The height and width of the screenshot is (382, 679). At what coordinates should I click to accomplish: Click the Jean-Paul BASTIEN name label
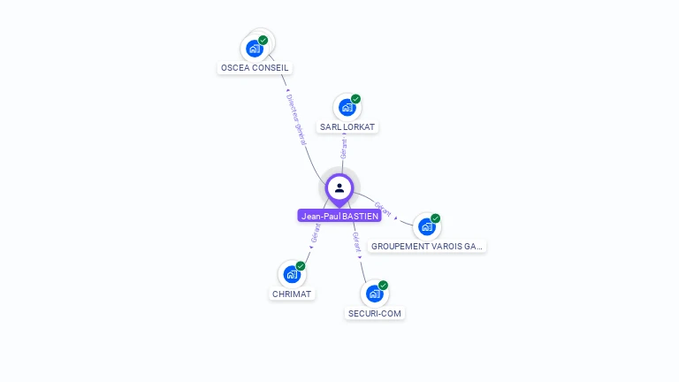pyautogui.click(x=339, y=216)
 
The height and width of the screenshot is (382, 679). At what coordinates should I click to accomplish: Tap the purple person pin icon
pyautogui.click(x=339, y=188)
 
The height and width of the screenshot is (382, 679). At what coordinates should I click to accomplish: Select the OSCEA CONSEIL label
pyautogui.click(x=254, y=67)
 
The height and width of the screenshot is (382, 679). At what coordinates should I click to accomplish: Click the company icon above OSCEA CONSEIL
pyautogui.click(x=255, y=48)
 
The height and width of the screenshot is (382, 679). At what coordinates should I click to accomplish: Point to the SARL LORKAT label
pyautogui.click(x=347, y=126)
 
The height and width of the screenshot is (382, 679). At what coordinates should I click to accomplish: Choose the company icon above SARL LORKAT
pyautogui.click(x=347, y=107)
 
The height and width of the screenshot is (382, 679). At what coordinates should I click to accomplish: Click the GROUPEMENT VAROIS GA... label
pyautogui.click(x=427, y=246)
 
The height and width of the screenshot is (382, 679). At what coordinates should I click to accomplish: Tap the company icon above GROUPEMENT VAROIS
pyautogui.click(x=427, y=226)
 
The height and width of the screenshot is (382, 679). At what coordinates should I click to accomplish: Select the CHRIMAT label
pyautogui.click(x=292, y=294)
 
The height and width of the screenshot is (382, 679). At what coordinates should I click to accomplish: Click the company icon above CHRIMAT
pyautogui.click(x=291, y=274)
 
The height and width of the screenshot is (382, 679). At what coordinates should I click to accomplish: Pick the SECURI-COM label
pyautogui.click(x=376, y=313)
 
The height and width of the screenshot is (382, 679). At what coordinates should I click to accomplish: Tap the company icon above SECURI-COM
pyautogui.click(x=375, y=294)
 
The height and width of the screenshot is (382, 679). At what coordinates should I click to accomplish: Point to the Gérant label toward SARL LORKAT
pyautogui.click(x=343, y=149)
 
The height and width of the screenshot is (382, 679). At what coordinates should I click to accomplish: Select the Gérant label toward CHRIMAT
pyautogui.click(x=315, y=233)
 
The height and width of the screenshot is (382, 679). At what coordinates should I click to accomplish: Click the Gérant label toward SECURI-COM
pyautogui.click(x=355, y=240)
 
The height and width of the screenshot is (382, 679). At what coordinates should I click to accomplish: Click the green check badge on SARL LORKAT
pyautogui.click(x=355, y=99)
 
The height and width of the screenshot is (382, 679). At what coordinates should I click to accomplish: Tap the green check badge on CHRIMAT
pyautogui.click(x=301, y=266)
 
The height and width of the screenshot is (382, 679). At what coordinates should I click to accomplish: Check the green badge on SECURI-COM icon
pyautogui.click(x=384, y=286)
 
